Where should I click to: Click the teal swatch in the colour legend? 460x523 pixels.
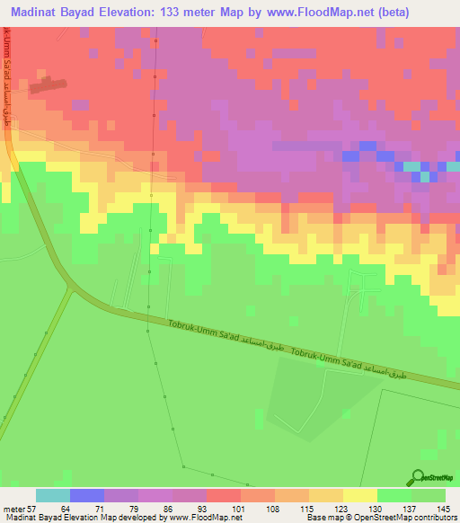52,495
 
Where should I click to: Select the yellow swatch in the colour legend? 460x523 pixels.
359,495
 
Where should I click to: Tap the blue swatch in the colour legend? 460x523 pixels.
86,495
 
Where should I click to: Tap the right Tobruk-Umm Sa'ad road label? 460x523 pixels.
327,360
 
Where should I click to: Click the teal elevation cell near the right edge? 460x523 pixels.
412,166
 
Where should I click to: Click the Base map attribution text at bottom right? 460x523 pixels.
379,518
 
